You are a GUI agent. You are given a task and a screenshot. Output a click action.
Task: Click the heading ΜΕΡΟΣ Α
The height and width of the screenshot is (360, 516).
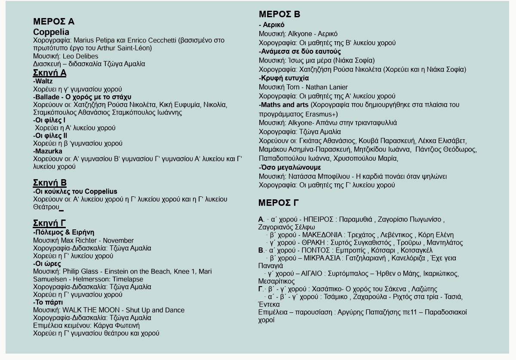tap(54, 21)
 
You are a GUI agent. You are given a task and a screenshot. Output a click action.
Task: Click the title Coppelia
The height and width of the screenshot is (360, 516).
tap(51, 32)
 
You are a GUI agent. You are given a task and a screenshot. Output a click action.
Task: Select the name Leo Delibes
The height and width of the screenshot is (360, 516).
tap(80, 56)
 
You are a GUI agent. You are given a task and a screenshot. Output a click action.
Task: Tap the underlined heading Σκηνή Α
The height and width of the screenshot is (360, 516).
tap(49, 73)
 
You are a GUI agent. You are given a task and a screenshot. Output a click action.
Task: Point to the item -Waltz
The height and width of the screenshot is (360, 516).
tap(43, 81)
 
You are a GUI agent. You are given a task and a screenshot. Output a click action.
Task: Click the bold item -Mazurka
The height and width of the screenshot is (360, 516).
tap(48, 151)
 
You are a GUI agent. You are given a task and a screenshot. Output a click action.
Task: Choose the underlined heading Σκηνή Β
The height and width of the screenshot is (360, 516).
tap(49, 183)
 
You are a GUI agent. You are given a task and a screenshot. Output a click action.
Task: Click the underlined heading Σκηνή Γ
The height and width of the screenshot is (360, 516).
tap(49, 223)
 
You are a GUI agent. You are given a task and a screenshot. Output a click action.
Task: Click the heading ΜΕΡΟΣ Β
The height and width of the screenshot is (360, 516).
tap(279, 14)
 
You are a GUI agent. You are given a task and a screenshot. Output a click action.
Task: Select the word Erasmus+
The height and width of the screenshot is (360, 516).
tap(322, 114)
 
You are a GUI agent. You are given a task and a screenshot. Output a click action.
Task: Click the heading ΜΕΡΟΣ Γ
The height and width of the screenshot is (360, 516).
tap(279, 203)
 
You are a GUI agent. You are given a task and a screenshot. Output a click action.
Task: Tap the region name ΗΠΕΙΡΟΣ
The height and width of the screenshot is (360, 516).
tap(319, 220)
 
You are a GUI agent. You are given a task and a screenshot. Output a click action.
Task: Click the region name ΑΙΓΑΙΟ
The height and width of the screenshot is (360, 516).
tap(309, 274)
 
